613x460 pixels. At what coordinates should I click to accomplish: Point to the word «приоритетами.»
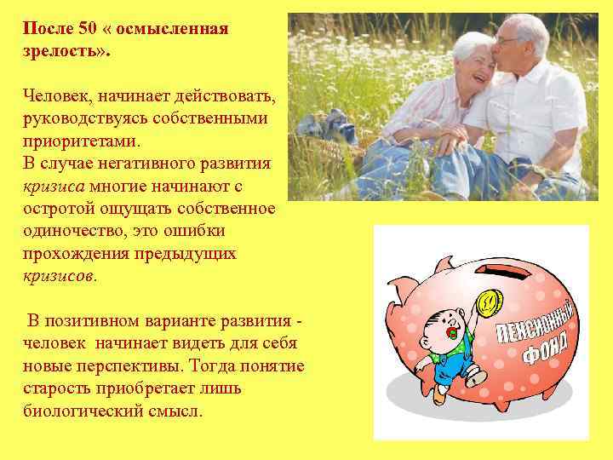pyautogui.click(x=85, y=140)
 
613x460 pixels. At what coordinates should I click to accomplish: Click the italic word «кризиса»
pyautogui.click(x=54, y=185)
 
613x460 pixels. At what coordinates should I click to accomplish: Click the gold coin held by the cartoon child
pyautogui.click(x=488, y=300)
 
